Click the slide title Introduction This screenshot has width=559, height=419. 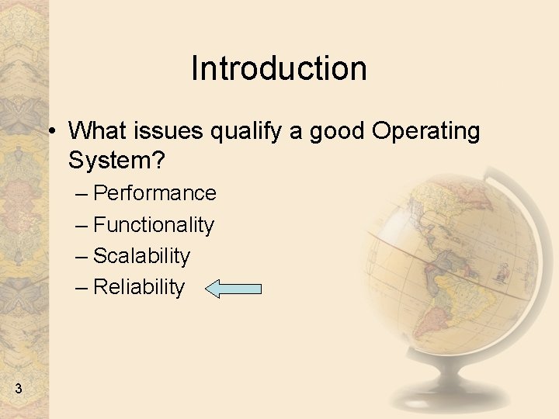click(x=279, y=68)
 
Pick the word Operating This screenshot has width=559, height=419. click(x=426, y=133)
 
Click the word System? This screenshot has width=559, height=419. click(x=116, y=161)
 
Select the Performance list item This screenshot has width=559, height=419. click(x=155, y=193)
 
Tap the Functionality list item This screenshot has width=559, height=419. click(x=153, y=225)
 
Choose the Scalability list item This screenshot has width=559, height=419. click(x=141, y=256)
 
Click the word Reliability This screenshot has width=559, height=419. click(x=139, y=288)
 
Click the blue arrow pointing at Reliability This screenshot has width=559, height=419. click(x=234, y=289)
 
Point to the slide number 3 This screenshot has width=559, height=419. click(x=19, y=388)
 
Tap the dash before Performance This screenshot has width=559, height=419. click(x=81, y=193)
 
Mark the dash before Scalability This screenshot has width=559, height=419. click(x=81, y=256)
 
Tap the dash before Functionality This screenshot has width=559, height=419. click(x=81, y=225)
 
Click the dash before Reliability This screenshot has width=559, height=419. click(x=81, y=288)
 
